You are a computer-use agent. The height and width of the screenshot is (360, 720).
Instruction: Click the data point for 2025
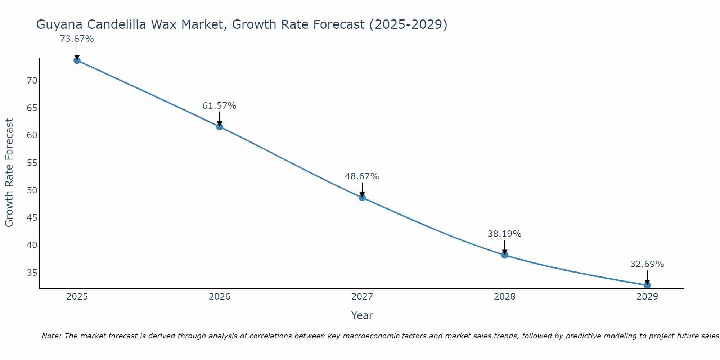77,60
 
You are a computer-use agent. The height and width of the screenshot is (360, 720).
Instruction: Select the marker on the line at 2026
220,127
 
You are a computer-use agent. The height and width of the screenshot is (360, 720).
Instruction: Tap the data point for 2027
362,197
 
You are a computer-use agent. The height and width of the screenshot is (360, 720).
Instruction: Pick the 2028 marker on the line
505,255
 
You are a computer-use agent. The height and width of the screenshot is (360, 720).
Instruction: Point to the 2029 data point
647,285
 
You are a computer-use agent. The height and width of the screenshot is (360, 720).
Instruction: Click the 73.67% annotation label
77,39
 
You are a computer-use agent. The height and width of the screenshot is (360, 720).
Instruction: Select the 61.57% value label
220,106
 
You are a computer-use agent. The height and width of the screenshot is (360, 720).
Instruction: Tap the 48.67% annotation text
362,176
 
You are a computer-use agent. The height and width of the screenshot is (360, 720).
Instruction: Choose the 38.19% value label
505,234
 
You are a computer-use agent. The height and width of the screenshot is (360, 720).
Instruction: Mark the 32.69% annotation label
647,264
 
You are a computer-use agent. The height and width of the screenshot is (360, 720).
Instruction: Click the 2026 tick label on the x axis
220,297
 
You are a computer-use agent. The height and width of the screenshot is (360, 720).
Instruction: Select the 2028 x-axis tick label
505,297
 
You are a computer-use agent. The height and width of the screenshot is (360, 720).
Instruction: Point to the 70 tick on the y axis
32,81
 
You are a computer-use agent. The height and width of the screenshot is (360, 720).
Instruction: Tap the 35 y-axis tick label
32,273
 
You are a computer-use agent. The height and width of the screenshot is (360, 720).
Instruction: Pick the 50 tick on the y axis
32,190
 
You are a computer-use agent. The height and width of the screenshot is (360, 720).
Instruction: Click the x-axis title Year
362,315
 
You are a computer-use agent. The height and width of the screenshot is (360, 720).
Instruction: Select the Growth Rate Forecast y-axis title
9,173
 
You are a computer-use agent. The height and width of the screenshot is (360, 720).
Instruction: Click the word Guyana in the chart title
59,25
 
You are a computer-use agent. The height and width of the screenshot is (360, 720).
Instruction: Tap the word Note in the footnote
52,336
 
